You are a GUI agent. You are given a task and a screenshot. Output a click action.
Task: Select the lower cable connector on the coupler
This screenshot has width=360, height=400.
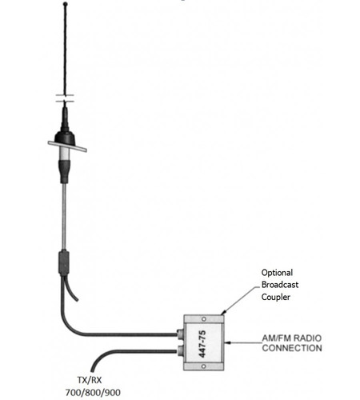[180, 350]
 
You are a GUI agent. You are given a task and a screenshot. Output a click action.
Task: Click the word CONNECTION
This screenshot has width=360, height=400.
[291, 349]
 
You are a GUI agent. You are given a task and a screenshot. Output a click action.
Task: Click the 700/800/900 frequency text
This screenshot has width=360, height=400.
[93, 394]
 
